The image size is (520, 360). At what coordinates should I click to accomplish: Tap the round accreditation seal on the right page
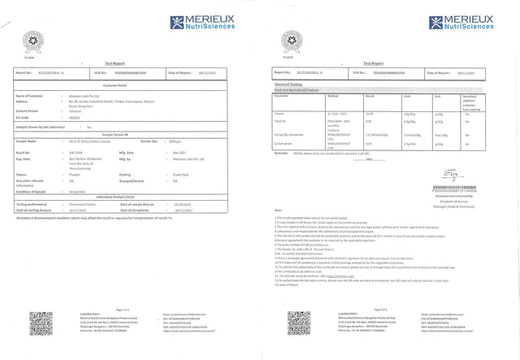click(287, 40)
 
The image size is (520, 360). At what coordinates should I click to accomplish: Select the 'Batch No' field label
click(24, 152)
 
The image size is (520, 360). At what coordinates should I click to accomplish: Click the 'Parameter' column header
click(284, 95)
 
